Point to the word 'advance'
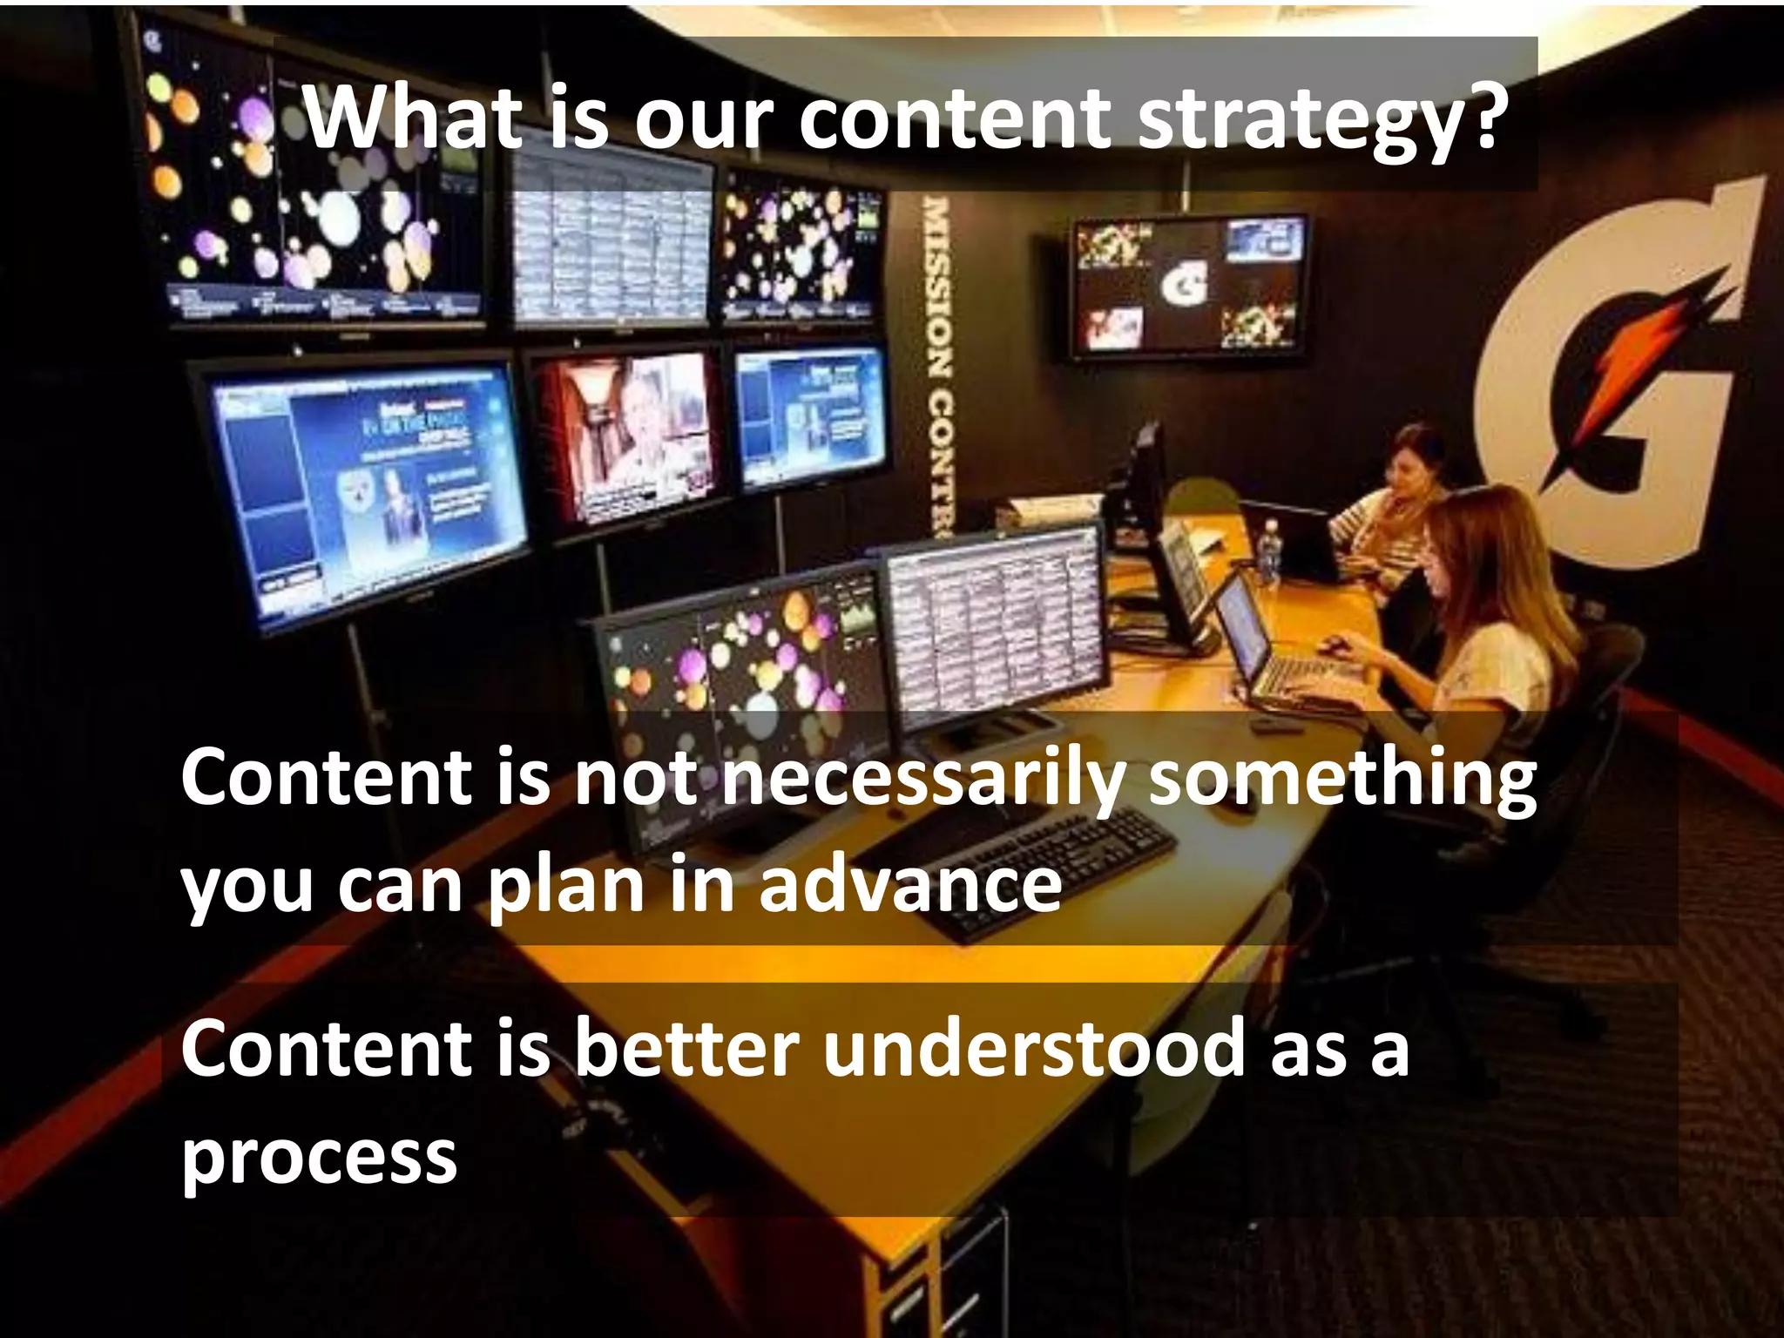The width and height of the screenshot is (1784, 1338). (x=909, y=885)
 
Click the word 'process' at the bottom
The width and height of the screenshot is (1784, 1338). (x=319, y=1159)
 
